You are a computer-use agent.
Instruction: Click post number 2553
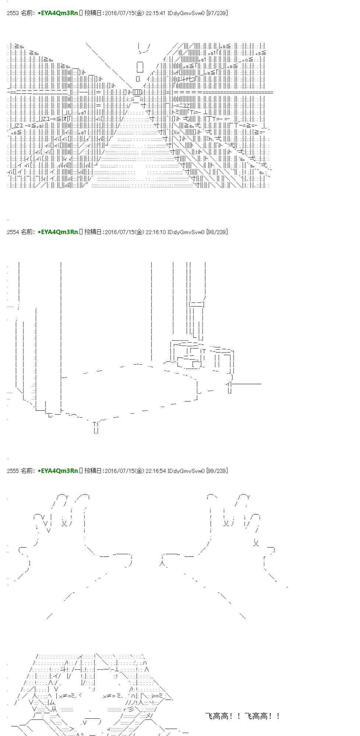(13, 13)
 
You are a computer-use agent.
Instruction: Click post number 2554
(13, 232)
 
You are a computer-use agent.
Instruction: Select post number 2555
(13, 471)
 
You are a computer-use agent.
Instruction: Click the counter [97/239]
(217, 13)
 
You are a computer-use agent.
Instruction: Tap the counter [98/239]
(217, 232)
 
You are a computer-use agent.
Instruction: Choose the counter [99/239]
(217, 471)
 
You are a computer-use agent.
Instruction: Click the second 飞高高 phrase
(259, 716)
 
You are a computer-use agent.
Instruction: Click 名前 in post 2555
(28, 471)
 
